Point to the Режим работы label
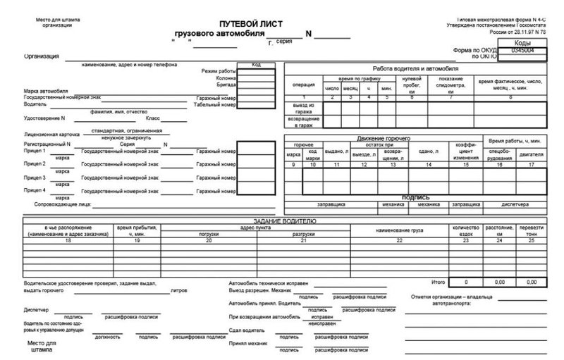[219, 72]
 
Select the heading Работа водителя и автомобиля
[416, 67]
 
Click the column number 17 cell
[530, 164]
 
